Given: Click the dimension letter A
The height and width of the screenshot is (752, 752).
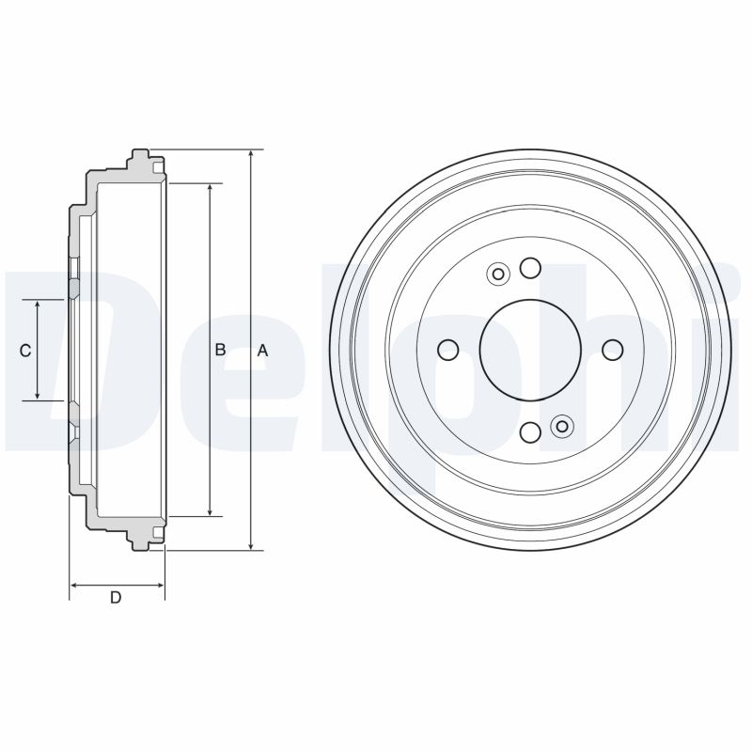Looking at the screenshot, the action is click(x=262, y=351).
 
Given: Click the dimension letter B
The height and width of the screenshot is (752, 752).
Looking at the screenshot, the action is click(x=220, y=350).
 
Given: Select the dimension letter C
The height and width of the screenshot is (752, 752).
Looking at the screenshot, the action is click(x=25, y=351).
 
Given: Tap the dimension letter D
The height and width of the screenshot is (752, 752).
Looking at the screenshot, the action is click(x=116, y=598).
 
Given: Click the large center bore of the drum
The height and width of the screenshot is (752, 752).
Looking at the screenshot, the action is click(x=530, y=350).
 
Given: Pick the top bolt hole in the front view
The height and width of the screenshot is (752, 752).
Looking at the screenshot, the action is click(x=530, y=268).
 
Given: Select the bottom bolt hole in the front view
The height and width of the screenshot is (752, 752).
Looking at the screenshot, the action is click(x=530, y=432).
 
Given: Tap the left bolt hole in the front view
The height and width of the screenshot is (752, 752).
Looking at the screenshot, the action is click(x=448, y=350).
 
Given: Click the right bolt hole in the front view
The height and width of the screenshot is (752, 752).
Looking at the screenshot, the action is click(x=613, y=350).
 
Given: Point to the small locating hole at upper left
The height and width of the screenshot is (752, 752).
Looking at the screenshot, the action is click(x=498, y=274).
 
